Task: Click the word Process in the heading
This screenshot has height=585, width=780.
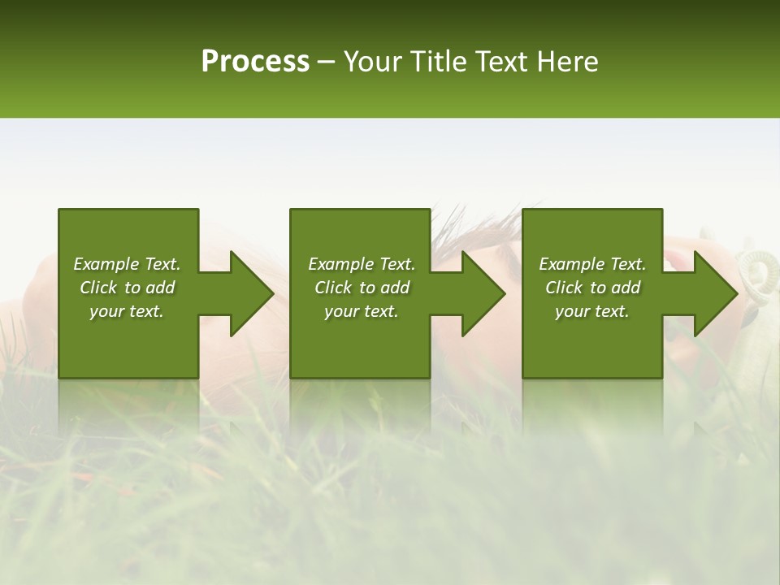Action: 255,62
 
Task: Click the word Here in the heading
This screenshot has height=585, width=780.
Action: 569,62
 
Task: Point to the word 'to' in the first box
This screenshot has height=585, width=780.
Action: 132,288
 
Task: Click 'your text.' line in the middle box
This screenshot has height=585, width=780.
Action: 361,311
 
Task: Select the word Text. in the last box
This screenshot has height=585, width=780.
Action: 627,264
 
